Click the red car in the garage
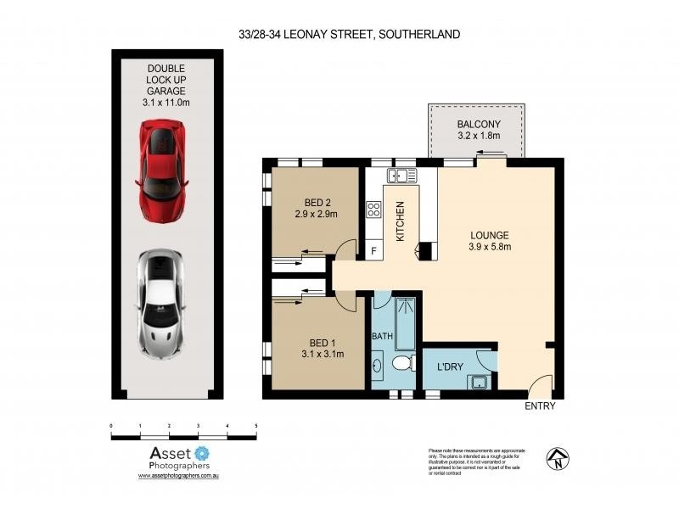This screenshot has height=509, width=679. (x=161, y=171)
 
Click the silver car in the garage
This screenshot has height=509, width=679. (x=161, y=303)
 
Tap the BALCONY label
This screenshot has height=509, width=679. (x=479, y=124)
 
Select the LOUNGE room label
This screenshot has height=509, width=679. (x=491, y=236)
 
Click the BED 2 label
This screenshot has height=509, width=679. (x=316, y=203)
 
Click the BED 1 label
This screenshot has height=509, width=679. (x=316, y=342)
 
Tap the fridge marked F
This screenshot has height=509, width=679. (x=373, y=252)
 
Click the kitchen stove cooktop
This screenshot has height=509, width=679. (x=373, y=210)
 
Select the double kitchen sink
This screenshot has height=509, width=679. (x=402, y=176)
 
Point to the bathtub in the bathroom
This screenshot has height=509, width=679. (x=406, y=322)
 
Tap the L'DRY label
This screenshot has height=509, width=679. (x=450, y=367)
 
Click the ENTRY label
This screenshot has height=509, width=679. (x=539, y=406)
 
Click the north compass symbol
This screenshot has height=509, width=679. (x=557, y=458)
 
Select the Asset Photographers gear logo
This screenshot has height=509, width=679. (x=201, y=453)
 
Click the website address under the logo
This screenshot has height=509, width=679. (x=179, y=477)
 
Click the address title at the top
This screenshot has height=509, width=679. (x=350, y=35)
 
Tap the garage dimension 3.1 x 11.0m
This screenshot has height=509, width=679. (x=166, y=102)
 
